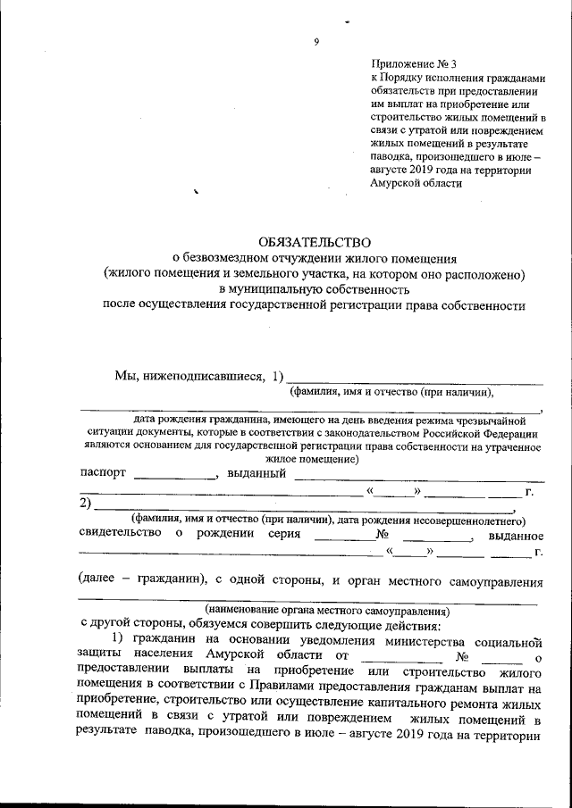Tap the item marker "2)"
(87, 504)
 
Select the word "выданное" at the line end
(517, 535)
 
